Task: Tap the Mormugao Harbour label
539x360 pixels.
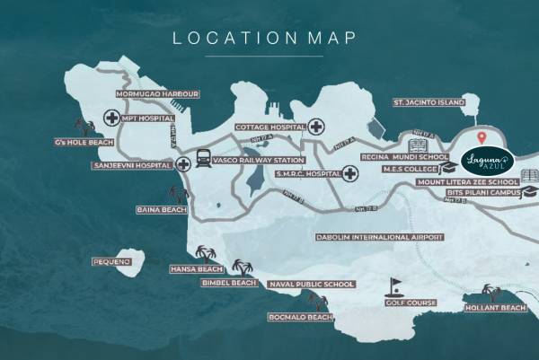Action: [151, 93]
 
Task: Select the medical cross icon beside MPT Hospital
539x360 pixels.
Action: [111, 117]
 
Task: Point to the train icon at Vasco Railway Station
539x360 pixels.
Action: [203, 159]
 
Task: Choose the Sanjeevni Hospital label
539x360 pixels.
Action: [133, 166]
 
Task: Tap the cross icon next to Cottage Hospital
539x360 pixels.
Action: [315, 127]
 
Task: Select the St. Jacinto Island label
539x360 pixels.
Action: [429, 103]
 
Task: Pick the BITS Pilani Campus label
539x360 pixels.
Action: [482, 193]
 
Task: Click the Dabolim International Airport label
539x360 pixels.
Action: [379, 237]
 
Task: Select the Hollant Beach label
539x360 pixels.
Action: [495, 308]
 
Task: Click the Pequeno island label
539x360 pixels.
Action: [112, 261]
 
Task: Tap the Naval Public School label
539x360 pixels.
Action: [311, 285]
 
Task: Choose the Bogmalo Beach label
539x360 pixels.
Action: [300, 318]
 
